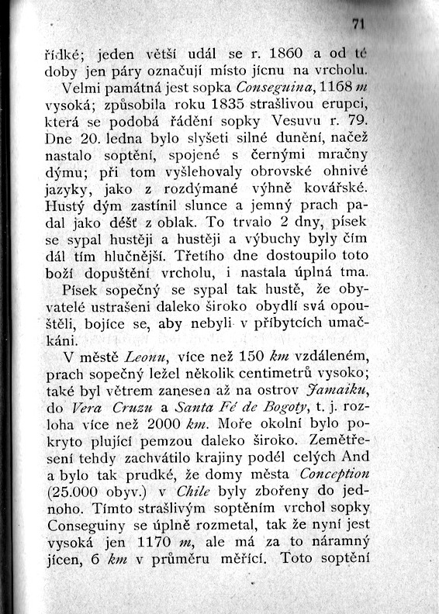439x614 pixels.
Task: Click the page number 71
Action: (358, 24)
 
